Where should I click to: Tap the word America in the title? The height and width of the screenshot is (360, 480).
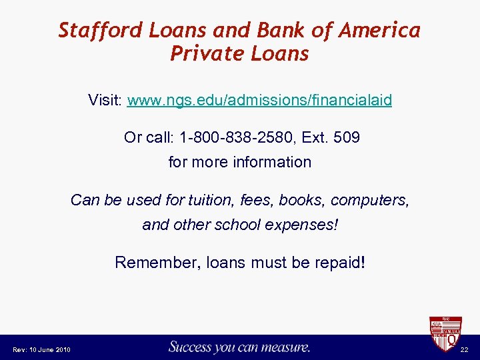(380, 31)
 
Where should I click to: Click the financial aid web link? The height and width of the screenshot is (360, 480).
(259, 101)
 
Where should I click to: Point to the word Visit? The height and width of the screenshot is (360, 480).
(105, 101)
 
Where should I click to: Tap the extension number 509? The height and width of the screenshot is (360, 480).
(347, 138)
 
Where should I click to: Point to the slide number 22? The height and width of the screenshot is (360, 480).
(465, 350)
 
